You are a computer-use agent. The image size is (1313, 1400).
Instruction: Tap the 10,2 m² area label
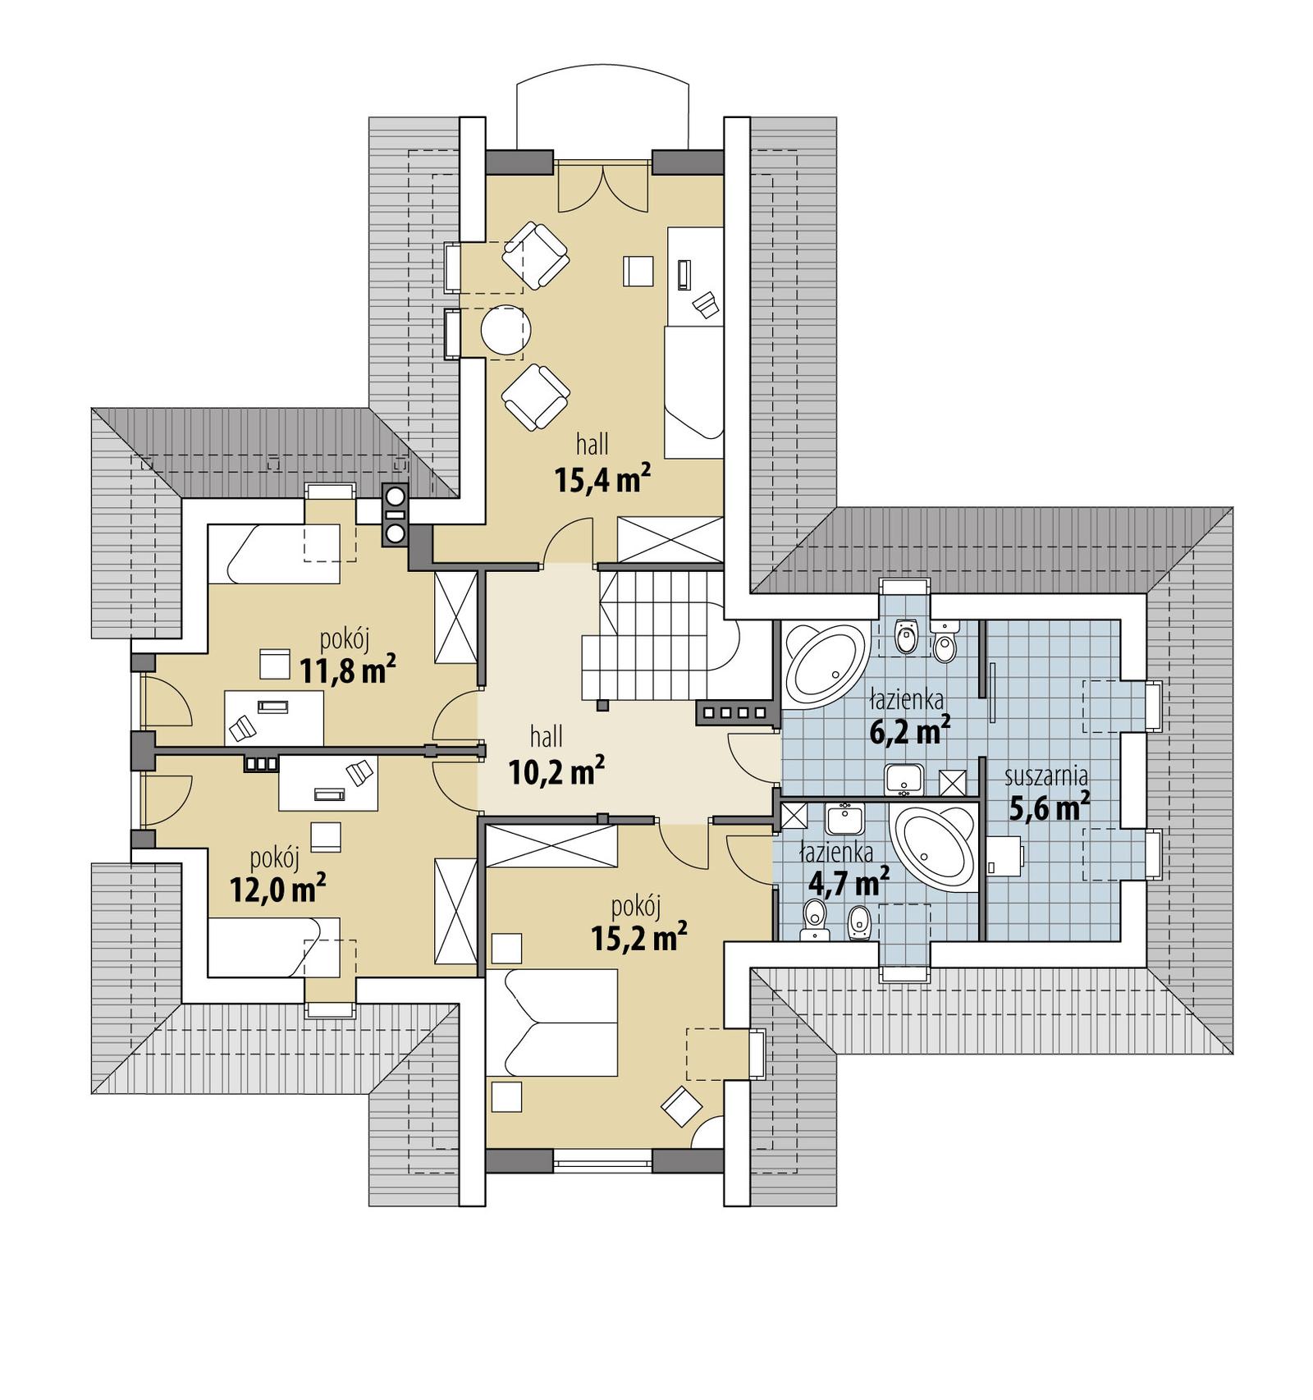click(x=557, y=771)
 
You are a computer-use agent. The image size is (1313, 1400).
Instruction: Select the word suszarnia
click(x=1046, y=775)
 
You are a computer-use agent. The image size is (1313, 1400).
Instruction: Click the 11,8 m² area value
click(x=348, y=670)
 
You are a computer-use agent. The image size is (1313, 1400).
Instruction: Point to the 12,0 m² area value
click(x=278, y=890)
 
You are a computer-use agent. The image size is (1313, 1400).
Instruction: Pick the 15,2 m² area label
click(x=639, y=938)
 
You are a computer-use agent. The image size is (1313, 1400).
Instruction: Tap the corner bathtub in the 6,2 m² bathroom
click(x=825, y=666)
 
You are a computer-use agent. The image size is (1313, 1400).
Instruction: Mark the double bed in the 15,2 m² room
click(x=551, y=1023)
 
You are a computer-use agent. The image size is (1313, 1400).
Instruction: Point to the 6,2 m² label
click(x=910, y=730)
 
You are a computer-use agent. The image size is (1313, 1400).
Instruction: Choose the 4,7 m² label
click(x=849, y=883)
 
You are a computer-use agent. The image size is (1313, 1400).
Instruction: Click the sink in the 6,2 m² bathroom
click(x=904, y=779)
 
